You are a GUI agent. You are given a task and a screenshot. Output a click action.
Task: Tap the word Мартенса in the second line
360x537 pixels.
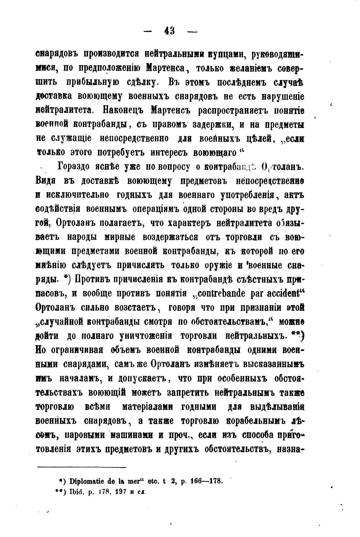tap(167, 68)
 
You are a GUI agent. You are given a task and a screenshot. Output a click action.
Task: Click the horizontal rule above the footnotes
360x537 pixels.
tap(82, 467)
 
